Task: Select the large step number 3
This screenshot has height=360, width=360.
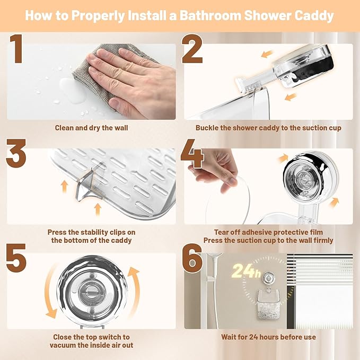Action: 16,153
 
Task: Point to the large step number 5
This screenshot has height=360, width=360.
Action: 16,258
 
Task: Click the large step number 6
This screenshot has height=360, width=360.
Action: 192,258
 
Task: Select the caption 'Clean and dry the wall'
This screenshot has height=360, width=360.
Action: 91,128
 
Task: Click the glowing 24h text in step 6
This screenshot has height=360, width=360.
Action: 246,271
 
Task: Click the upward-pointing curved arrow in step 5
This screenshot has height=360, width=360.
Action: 136,289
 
